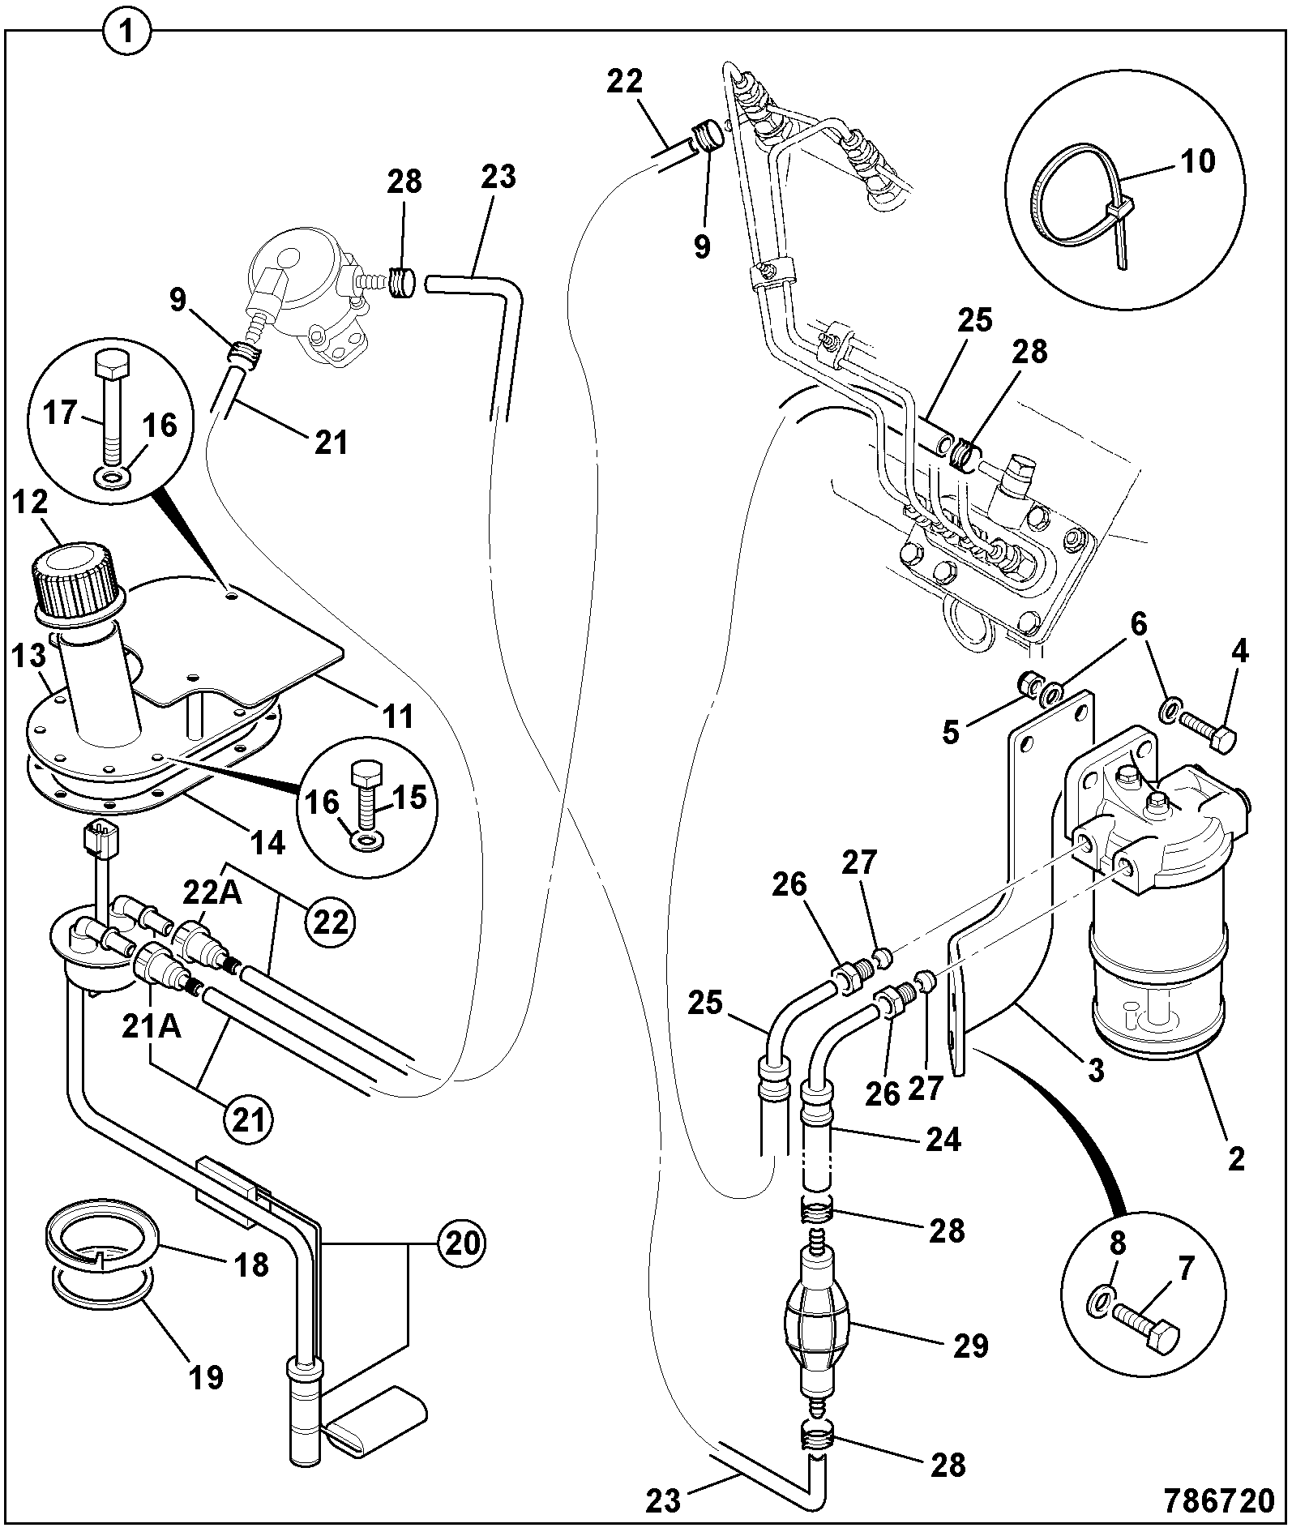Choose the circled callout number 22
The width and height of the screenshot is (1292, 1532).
330,922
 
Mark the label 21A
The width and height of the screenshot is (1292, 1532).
152,1027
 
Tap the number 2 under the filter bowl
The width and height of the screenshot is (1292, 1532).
1236,1159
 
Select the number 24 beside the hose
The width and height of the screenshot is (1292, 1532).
943,1140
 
